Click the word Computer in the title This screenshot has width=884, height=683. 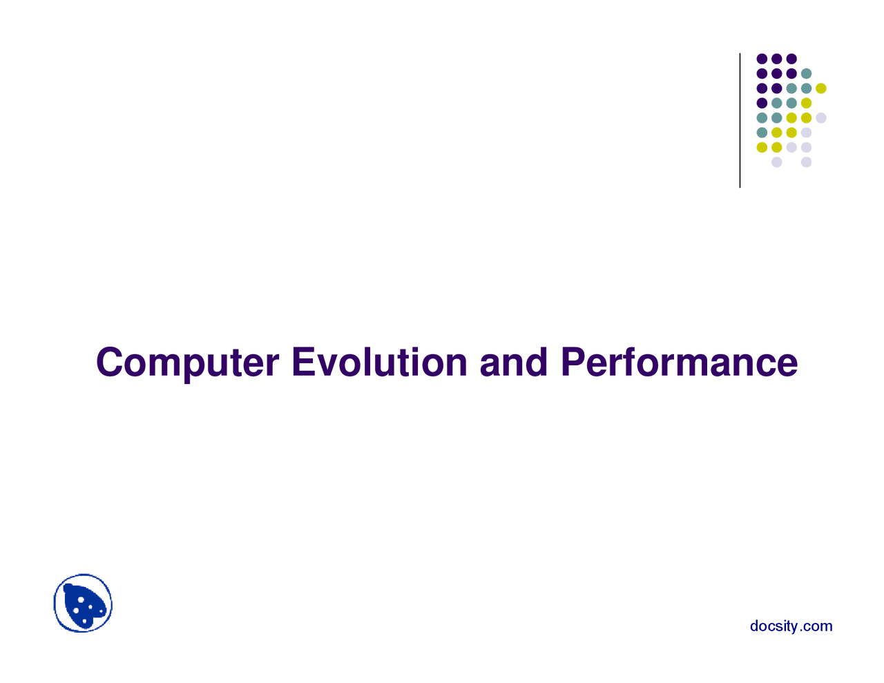(187, 363)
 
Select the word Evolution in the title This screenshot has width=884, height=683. (379, 363)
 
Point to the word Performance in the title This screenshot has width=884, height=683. (679, 363)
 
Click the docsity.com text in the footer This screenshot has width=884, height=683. (791, 626)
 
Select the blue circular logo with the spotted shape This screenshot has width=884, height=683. (83, 603)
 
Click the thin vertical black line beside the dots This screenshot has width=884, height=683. (740, 120)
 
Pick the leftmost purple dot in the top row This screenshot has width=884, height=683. (762, 59)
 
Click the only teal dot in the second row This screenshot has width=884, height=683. (806, 73)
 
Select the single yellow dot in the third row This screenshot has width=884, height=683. (820, 88)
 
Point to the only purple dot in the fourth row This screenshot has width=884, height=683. (762, 103)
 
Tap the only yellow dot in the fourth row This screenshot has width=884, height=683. (806, 103)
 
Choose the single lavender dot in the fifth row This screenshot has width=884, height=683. (820, 117)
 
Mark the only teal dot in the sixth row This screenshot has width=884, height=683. (762, 133)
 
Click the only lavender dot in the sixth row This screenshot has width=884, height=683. (806, 133)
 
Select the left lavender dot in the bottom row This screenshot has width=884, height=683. (776, 162)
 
